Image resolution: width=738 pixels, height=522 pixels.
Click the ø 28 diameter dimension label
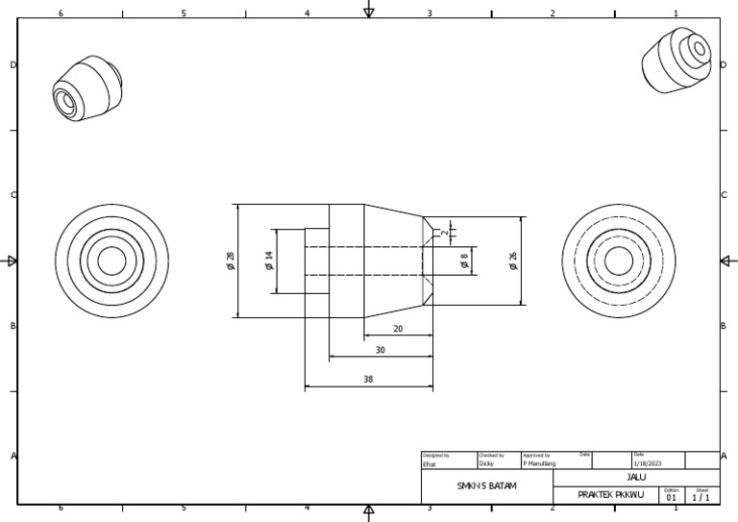click(231, 261)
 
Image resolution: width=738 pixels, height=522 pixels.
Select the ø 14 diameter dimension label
click(270, 260)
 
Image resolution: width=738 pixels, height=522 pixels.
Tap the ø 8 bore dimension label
click(465, 261)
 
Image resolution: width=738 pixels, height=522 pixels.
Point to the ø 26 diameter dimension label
click(513, 261)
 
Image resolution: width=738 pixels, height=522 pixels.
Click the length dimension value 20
click(398, 329)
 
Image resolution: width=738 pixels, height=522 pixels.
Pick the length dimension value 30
click(381, 351)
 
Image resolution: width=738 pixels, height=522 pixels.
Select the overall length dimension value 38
click(368, 380)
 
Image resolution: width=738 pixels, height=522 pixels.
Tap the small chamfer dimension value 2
click(445, 232)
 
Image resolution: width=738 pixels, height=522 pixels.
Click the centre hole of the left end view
click(111, 261)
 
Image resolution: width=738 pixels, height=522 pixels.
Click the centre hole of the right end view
click(618, 261)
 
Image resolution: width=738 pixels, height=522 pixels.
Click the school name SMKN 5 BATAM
click(486, 486)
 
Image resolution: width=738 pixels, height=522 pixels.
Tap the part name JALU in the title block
click(636, 477)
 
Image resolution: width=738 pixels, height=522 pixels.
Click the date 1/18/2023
click(647, 463)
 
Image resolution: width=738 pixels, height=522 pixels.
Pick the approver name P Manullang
click(539, 463)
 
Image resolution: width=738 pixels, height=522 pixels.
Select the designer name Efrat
click(430, 463)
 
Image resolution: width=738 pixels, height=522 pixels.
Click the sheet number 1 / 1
click(701, 498)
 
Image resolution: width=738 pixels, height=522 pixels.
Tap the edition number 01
click(671, 498)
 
